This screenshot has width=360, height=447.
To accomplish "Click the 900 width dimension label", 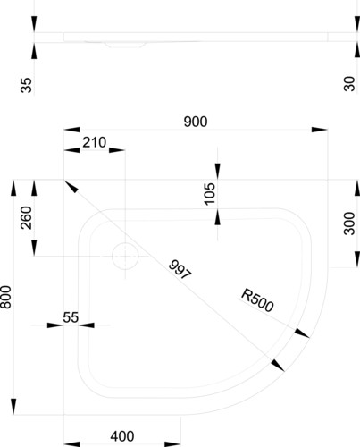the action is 196,122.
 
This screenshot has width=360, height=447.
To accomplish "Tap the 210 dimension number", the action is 94,142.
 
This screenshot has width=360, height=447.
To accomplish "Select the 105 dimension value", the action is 210,194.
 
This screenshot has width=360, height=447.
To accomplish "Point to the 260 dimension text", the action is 26,217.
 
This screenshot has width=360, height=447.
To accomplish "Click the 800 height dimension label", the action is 6,297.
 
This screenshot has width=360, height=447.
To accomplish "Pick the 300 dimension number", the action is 349,223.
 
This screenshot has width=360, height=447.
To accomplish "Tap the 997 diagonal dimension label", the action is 180,270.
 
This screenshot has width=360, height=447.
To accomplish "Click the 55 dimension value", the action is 71,317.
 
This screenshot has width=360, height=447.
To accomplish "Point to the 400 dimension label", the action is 122,436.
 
